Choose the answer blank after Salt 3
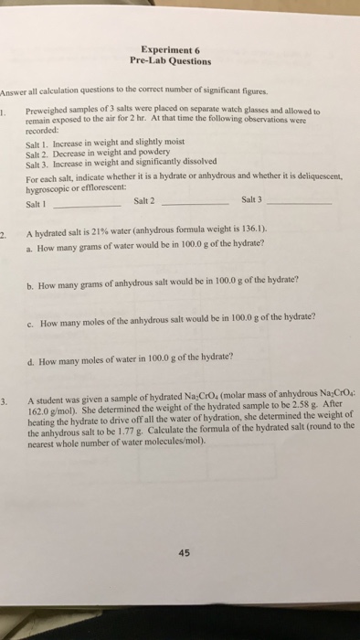293,203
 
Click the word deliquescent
294,181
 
